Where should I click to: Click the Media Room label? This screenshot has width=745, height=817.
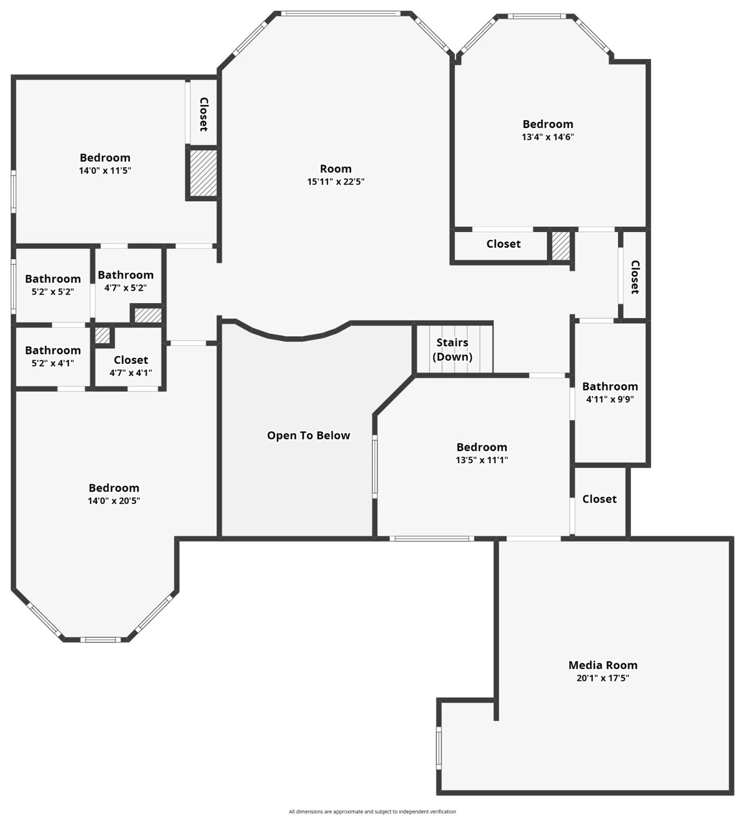pos(602,665)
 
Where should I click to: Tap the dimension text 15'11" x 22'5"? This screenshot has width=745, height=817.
pos(335,181)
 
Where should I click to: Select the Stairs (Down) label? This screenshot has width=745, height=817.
pos(452,349)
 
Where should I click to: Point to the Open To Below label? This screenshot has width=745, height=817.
pos(309,435)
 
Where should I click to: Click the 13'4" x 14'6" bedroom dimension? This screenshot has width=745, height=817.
pos(548,137)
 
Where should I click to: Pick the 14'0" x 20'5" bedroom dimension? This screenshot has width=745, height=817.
pos(114,501)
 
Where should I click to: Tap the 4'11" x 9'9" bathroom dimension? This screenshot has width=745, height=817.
pos(610,399)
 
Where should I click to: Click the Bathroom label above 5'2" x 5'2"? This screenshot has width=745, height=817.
pos(53,279)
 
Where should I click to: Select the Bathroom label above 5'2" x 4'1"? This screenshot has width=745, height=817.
pos(53,350)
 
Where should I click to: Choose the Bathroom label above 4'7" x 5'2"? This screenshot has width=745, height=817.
pos(126,274)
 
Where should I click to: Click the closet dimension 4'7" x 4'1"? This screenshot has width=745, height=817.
pos(131,372)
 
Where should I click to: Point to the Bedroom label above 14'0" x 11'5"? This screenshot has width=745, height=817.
pos(105,157)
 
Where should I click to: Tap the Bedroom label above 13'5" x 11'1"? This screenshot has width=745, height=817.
pos(482,447)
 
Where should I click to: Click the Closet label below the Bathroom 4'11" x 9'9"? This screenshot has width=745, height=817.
pos(599,499)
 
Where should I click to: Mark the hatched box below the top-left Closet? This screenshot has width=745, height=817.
pos(203,172)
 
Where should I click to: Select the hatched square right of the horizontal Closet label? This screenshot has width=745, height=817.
pos(560,245)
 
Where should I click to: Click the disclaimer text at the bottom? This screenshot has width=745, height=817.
pos(372,811)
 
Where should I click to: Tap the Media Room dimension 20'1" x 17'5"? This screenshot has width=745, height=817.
pos(602,678)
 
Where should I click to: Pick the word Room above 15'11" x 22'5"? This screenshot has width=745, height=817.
pos(335,169)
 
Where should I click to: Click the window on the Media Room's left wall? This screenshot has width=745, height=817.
pos(439,748)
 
